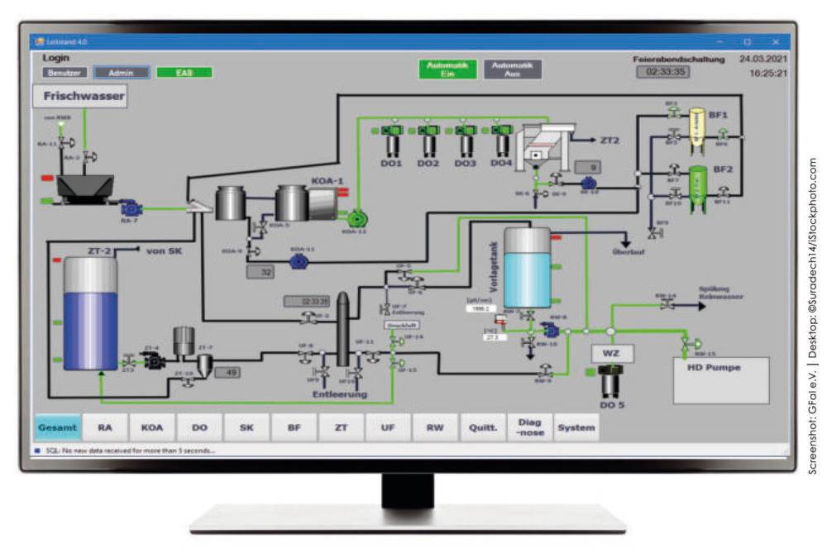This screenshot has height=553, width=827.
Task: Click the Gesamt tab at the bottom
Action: (57, 427)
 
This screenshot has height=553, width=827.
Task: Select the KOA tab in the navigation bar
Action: (152, 427)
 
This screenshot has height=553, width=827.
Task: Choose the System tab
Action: (576, 427)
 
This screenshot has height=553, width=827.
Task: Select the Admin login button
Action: (121, 73)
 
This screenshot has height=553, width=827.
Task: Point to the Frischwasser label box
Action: (79, 97)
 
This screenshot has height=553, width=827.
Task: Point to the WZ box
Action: (611, 354)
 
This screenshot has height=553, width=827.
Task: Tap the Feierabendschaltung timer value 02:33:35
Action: (662, 72)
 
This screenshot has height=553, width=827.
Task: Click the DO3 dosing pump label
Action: (465, 164)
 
